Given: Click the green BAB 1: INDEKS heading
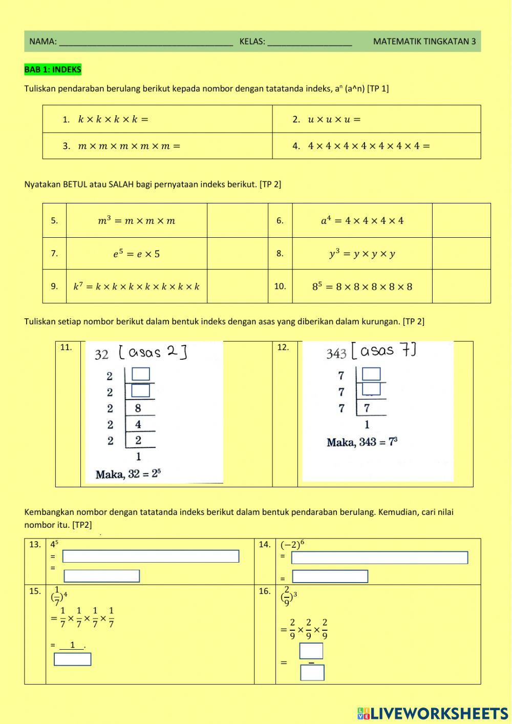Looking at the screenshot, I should [53, 70].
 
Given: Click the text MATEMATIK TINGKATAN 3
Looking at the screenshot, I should [424, 42].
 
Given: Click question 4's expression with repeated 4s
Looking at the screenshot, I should [369, 146].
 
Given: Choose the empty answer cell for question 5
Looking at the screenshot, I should [237, 221].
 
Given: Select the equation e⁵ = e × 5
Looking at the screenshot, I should [136, 254].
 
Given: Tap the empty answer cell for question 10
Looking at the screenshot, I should [461, 286].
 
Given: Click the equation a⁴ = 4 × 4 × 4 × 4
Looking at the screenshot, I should [362, 221].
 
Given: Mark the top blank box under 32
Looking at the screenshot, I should [141, 374].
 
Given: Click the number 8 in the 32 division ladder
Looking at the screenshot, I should [138, 408].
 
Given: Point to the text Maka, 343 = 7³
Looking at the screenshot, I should [362, 442].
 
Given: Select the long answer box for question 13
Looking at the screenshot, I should [151, 556].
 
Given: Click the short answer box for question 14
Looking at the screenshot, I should [330, 576].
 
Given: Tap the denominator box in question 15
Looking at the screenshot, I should [73, 659].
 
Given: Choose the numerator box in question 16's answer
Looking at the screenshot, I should [311, 651].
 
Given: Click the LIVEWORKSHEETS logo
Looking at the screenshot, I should [433, 714].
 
